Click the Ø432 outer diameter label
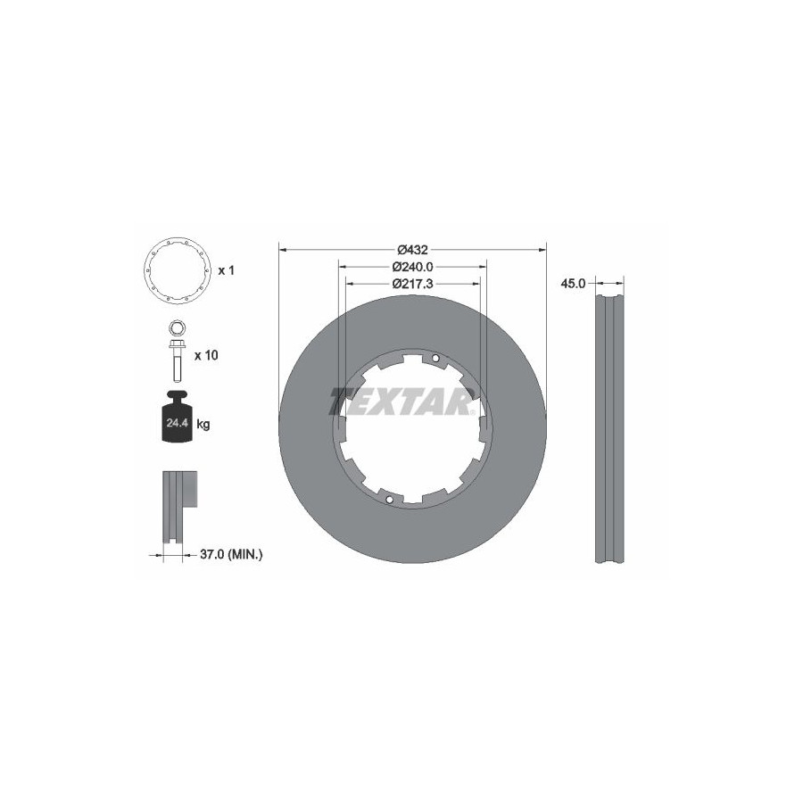click(x=413, y=250)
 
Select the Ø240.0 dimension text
click(x=413, y=267)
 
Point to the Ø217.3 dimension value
click(x=413, y=284)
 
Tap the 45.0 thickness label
click(x=573, y=284)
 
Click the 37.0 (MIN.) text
click(x=231, y=553)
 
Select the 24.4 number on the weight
click(x=178, y=424)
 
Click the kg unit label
click(x=203, y=424)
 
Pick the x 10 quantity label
click(x=206, y=355)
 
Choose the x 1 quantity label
click(x=226, y=270)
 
